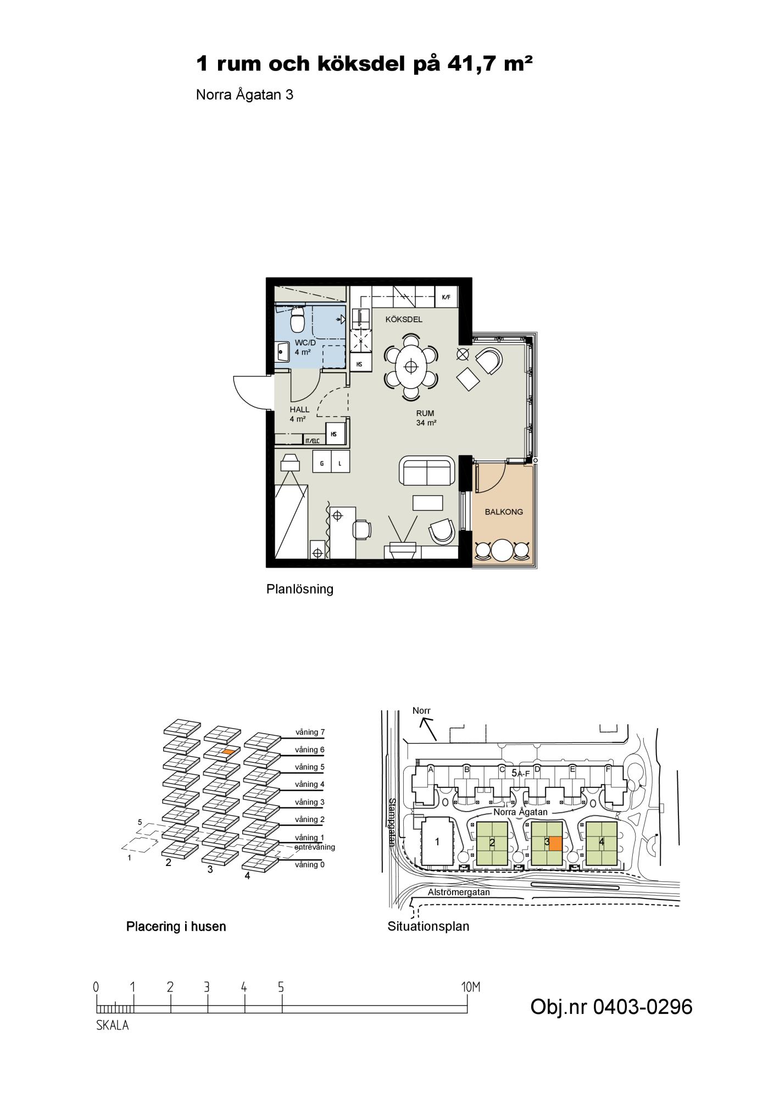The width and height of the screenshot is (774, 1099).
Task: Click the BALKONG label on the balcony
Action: pyautogui.click(x=504, y=512)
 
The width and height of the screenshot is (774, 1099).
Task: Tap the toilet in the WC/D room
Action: pyautogui.click(x=298, y=319)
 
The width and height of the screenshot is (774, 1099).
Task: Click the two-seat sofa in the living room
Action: pyautogui.click(x=427, y=471)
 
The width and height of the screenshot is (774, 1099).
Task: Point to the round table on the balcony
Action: pyautogui.click(x=502, y=549)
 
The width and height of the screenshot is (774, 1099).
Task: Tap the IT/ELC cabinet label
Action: pyautogui.click(x=312, y=440)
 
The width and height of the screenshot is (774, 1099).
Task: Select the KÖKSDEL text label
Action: pyautogui.click(x=404, y=319)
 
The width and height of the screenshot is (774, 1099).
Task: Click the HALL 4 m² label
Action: pyautogui.click(x=299, y=414)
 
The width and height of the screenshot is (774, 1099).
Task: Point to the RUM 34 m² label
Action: pyautogui.click(x=426, y=418)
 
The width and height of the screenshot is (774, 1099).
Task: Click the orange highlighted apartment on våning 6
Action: pyautogui.click(x=229, y=751)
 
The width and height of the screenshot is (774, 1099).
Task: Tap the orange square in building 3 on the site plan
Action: pyautogui.click(x=555, y=843)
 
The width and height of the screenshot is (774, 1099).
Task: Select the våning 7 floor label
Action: pyautogui.click(x=310, y=732)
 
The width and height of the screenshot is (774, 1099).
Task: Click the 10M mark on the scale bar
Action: pyautogui.click(x=471, y=987)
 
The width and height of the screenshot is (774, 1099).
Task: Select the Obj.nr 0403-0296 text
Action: pyautogui.click(x=611, y=1007)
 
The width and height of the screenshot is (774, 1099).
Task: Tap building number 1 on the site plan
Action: pyautogui.click(x=437, y=841)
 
